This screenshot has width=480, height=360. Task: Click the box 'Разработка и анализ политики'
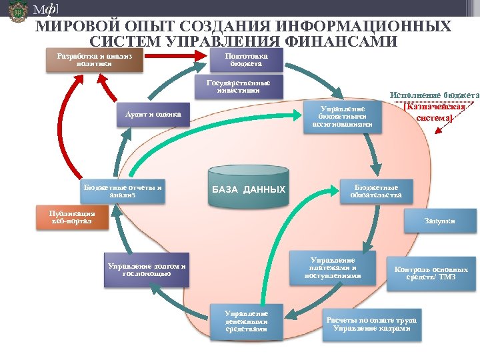point(95,61)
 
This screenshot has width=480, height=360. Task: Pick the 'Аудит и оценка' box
point(153,115)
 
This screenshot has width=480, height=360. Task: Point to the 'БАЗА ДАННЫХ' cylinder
point(248,184)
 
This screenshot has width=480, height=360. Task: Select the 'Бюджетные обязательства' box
point(376,191)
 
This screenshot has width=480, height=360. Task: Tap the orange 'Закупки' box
point(439,221)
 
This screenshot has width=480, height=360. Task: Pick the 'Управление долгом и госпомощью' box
point(147,269)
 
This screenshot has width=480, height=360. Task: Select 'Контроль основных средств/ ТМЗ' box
point(431,273)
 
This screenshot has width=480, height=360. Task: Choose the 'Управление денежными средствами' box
point(246,321)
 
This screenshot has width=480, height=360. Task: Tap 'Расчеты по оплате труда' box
point(371,325)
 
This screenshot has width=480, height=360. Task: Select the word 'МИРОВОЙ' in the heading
point(73,27)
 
